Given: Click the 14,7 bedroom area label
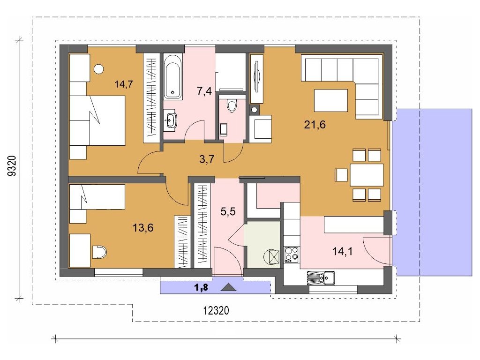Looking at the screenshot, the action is tap(124, 84).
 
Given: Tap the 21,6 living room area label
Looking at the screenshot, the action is tap(315, 125).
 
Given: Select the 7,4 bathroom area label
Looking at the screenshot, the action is tap(204, 91).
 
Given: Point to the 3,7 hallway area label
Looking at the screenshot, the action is tap(207, 159).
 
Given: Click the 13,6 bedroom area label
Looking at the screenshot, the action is tap(143, 228).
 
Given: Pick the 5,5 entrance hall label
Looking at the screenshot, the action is tap(228, 211).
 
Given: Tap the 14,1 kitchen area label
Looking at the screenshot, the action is tap(343, 252).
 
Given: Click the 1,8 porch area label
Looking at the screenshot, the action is tap(202, 287).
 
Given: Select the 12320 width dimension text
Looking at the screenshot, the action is tap(216, 311).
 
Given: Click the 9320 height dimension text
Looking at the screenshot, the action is tap(12, 166).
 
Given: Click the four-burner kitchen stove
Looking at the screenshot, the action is tap(292, 255).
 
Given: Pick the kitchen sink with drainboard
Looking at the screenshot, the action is tap(321, 277).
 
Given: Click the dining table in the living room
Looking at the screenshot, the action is tap(367, 175).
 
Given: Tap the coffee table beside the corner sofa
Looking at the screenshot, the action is tap(331, 100).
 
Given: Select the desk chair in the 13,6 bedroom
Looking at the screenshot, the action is tap(99, 252).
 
